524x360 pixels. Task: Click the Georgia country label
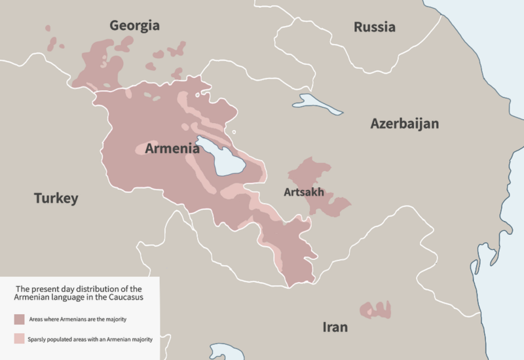(x=134, y=26)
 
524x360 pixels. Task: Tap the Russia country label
(x=374, y=27)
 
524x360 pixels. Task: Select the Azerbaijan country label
(x=404, y=124)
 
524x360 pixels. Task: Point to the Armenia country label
(x=172, y=148)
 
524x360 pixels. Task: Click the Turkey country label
(x=56, y=198)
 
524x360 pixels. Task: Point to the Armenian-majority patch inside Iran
(x=375, y=310)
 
